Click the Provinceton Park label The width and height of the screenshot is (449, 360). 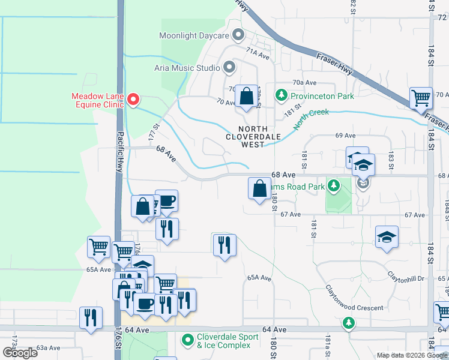(x=322, y=95)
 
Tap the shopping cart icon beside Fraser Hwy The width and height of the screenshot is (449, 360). (x=421, y=97)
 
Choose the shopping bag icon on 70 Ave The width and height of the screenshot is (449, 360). (x=246, y=96)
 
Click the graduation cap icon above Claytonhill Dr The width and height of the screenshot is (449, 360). (x=387, y=236)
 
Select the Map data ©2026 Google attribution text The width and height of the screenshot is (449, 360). (x=411, y=355)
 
